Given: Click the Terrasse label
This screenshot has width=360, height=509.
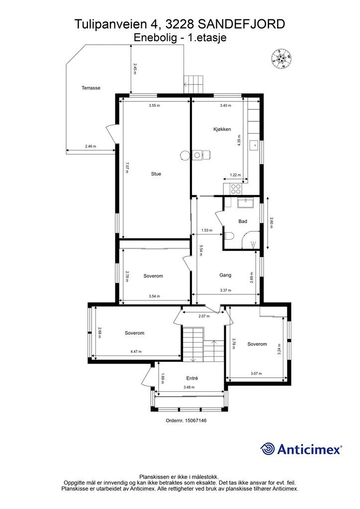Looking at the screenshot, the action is pyautogui.click(x=91, y=87).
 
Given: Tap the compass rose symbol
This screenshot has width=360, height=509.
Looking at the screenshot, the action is pyautogui.click(x=281, y=59).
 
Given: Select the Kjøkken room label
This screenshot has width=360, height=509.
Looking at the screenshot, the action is pyautogui.click(x=222, y=129).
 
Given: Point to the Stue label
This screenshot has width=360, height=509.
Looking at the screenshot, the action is pyautogui.click(x=156, y=173).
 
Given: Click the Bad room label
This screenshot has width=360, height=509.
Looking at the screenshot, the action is pyautogui.click(x=243, y=221).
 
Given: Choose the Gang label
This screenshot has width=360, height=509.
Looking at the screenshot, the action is pyautogui.click(x=225, y=275).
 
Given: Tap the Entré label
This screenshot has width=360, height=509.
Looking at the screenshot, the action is pyautogui.click(x=192, y=378).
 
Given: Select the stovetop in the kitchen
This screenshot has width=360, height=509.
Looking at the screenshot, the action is pyautogui.click(x=236, y=188).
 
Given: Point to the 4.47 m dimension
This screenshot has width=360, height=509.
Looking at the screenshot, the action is pyautogui.click(x=136, y=351).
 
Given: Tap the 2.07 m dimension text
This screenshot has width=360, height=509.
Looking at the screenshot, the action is pyautogui.click(x=204, y=316).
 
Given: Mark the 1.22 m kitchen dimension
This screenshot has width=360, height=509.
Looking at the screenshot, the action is pyautogui.click(x=235, y=175).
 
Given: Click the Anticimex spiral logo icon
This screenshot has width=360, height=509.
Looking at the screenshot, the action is pyautogui.click(x=268, y=449).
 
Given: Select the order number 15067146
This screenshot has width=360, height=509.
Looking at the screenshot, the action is pyautogui.click(x=196, y=421).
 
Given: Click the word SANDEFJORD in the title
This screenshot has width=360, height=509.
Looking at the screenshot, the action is pyautogui.click(x=242, y=24).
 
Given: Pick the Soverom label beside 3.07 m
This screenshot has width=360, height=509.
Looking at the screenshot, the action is pyautogui.click(x=257, y=344).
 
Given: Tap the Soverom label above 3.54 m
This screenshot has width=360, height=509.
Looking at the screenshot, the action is pyautogui.click(x=153, y=276).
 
